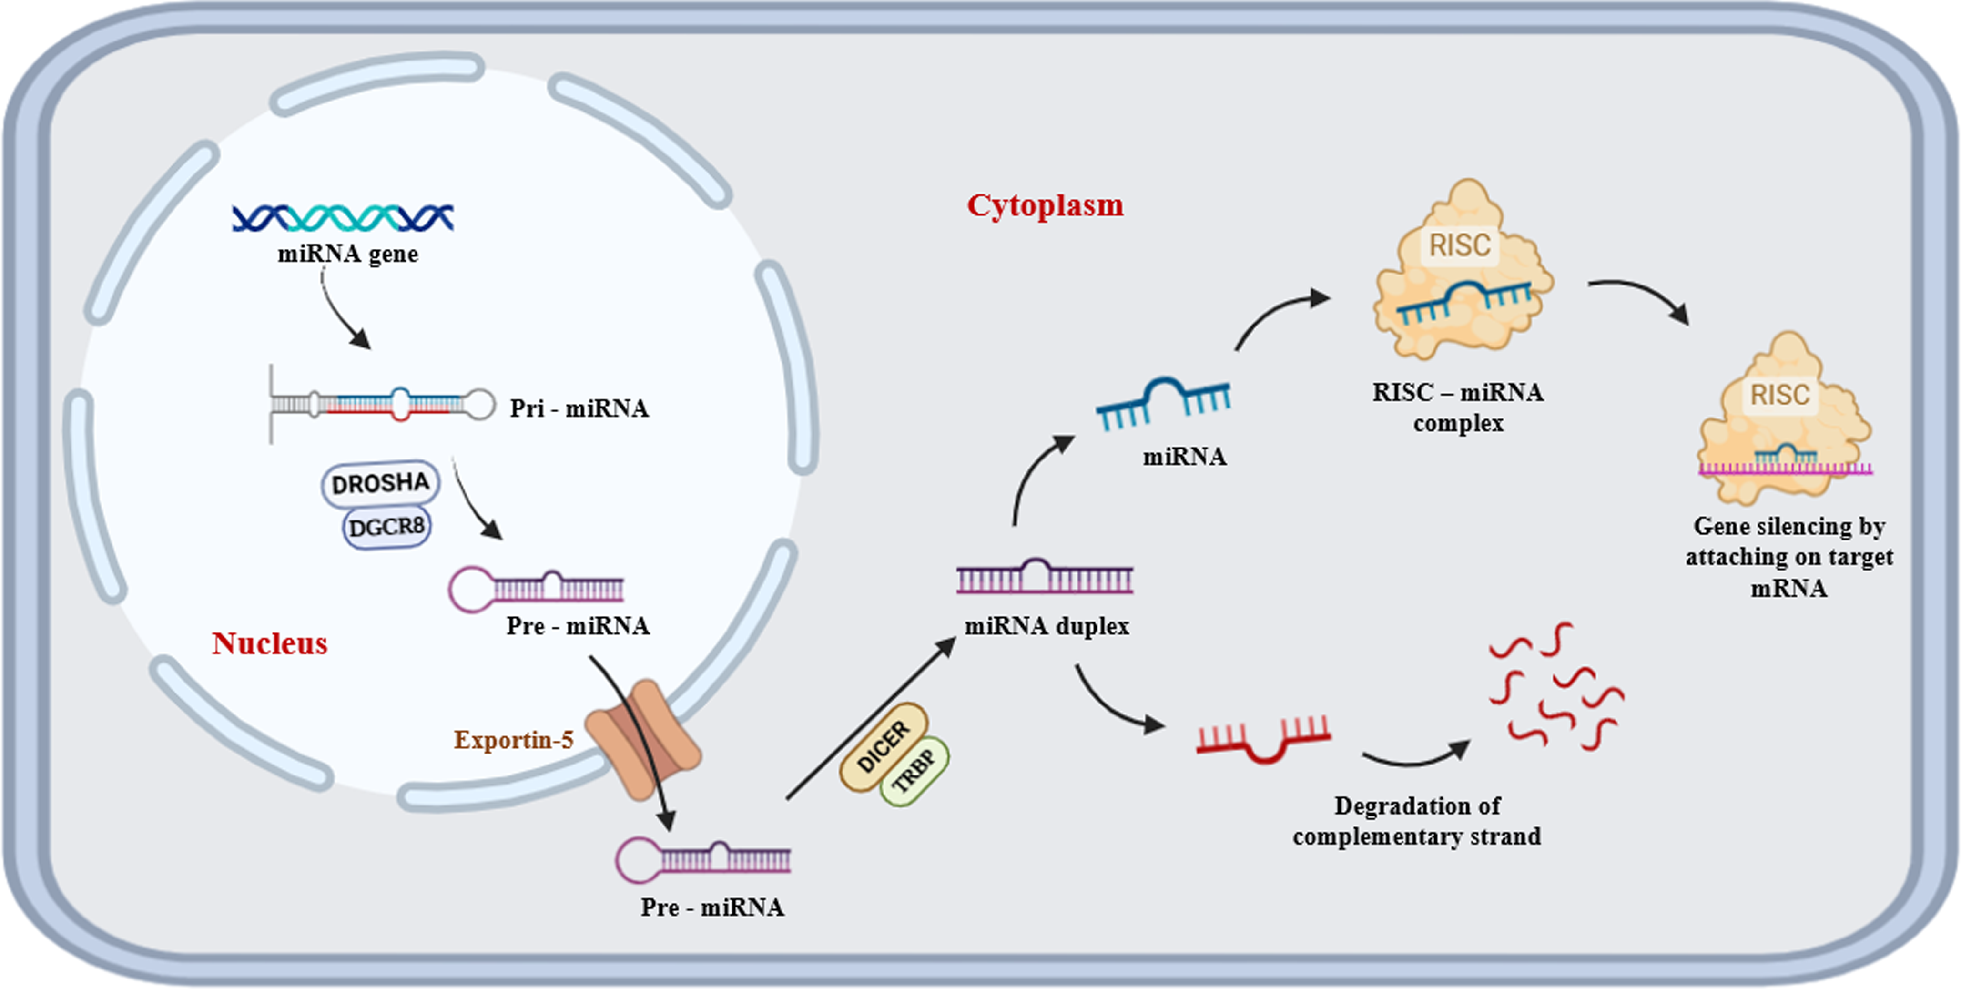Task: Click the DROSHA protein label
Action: click(380, 483)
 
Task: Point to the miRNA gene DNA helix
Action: click(343, 218)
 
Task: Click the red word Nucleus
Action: click(269, 643)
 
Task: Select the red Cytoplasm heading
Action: click(1045, 205)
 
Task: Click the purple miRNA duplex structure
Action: click(1045, 579)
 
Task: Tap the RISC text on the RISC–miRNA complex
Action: click(1459, 245)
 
